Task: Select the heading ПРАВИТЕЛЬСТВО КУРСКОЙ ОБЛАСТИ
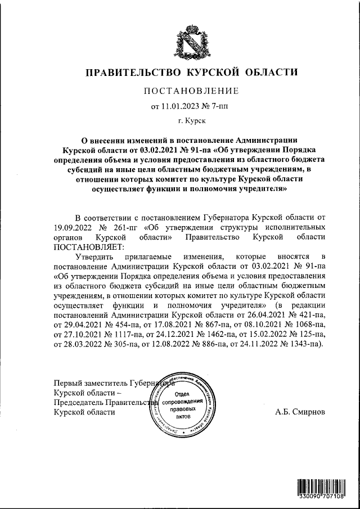pos(190,73)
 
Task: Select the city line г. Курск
pos(191,120)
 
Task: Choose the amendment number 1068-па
pos(308,324)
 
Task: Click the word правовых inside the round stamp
pos(181,411)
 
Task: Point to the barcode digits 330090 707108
pos(322,498)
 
